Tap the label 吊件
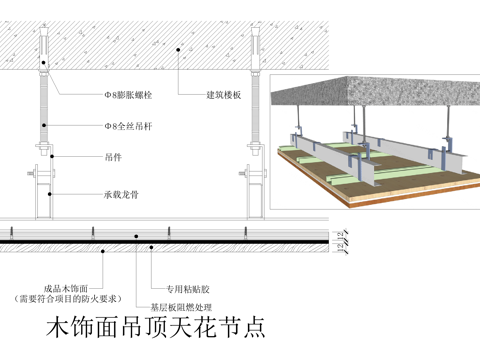click(113, 157)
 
